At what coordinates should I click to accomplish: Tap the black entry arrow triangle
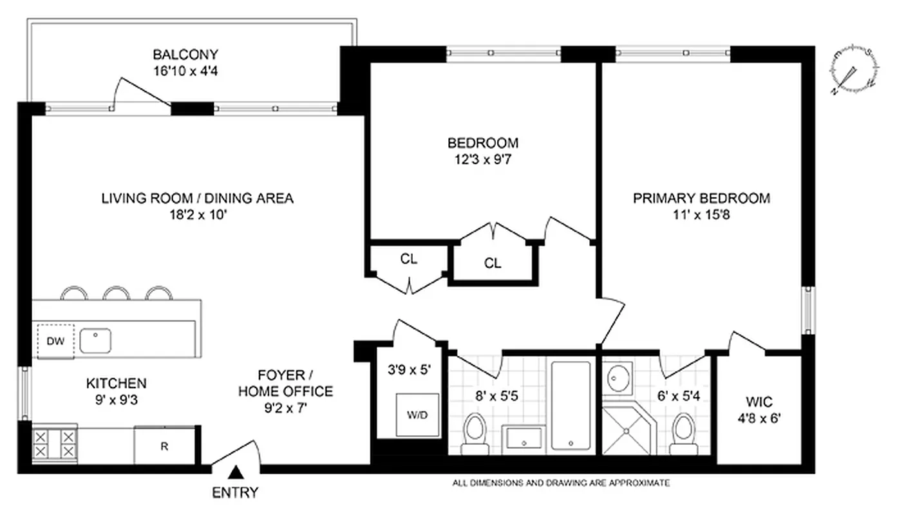pos(236,474)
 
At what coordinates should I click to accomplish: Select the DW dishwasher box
pos(56,341)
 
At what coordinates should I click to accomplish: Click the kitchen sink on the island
pos(95,339)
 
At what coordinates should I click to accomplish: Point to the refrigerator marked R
pos(164,445)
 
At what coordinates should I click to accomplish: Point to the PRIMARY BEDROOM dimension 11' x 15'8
pos(701,215)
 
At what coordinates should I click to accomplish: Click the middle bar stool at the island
pos(117,294)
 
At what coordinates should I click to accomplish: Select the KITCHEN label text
pos(116,384)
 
